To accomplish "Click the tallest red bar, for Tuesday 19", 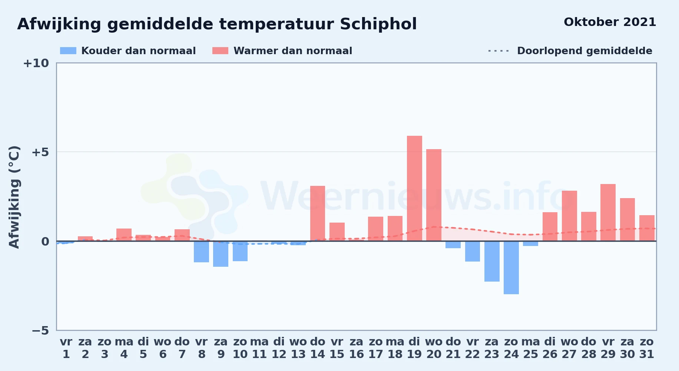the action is (x=414, y=188).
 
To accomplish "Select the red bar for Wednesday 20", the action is (x=434, y=195).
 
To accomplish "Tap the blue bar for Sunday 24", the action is (x=511, y=267).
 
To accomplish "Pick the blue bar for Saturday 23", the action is (x=492, y=261).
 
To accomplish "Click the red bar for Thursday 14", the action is (x=318, y=213).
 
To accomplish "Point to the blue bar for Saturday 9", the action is (x=221, y=254).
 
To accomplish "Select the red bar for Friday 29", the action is (x=608, y=213).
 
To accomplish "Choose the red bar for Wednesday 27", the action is (x=569, y=216).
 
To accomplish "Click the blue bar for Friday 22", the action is (x=473, y=251).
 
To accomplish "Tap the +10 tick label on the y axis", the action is (x=36, y=63).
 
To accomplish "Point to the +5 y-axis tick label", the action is (x=40, y=152).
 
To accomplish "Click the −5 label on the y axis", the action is (x=40, y=331).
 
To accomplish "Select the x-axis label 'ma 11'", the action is (x=259, y=348).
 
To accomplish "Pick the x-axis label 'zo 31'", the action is (x=647, y=348).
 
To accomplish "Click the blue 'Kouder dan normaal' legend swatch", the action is (x=68, y=51).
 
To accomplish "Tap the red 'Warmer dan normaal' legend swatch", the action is (x=221, y=51).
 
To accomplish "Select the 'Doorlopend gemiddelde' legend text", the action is (x=584, y=51).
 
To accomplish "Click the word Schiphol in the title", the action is (x=378, y=24).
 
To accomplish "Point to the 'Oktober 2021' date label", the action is (x=610, y=22).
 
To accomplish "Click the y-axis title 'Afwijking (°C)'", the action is (x=14, y=197).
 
